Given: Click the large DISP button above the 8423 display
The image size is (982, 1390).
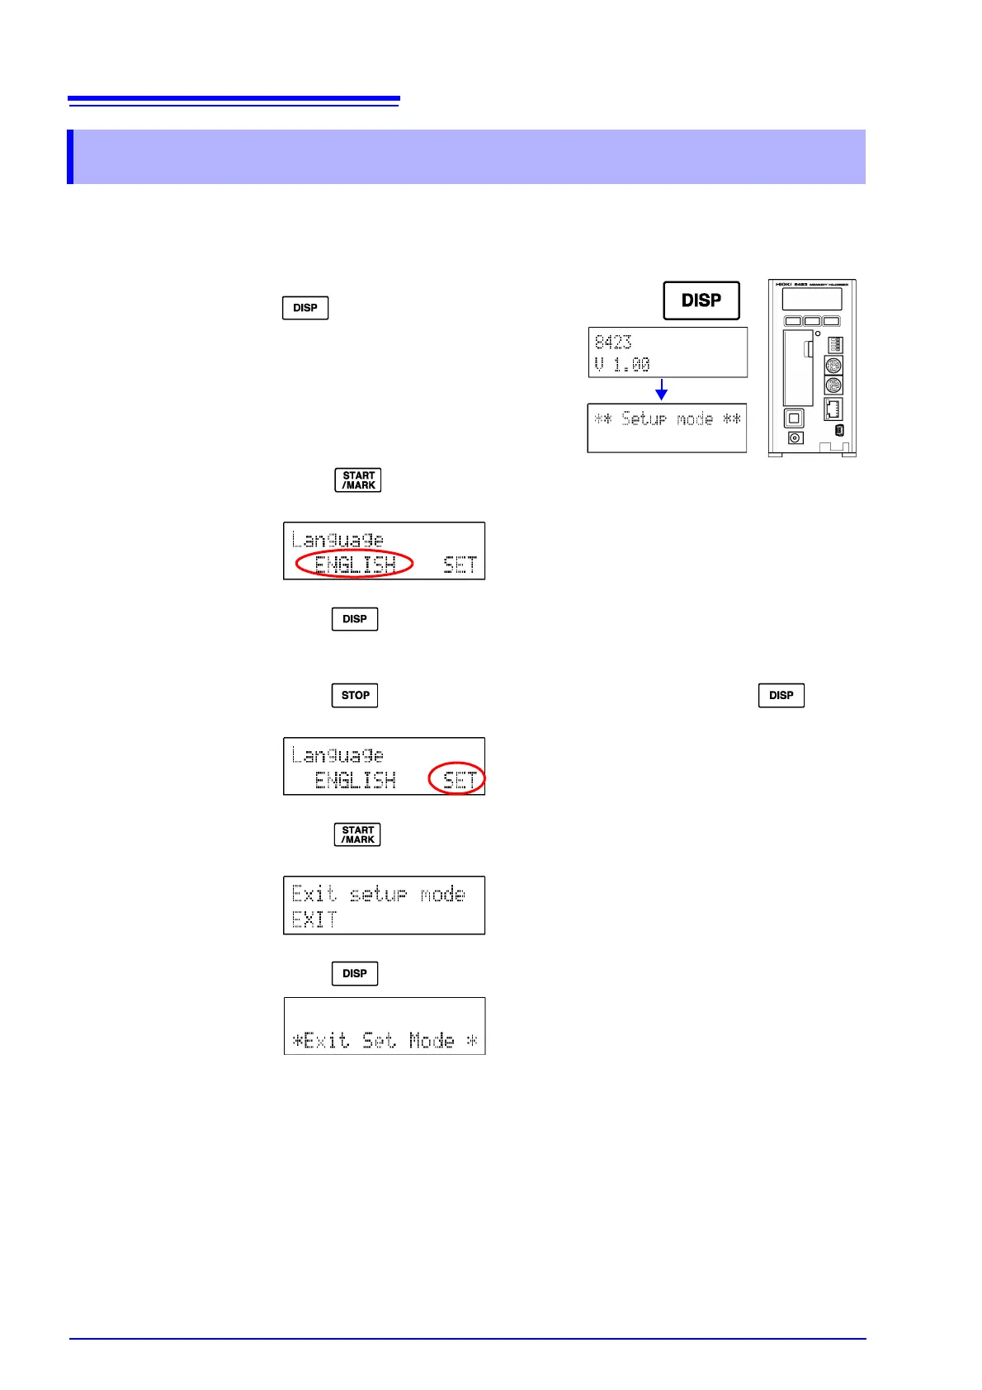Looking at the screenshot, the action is (701, 300).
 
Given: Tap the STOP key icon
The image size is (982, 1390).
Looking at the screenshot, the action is (355, 695).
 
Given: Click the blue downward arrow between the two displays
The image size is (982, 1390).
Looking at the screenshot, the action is (661, 390).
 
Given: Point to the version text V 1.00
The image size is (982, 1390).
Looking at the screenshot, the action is (622, 364).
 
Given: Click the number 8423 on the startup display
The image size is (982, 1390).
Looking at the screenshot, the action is (613, 342).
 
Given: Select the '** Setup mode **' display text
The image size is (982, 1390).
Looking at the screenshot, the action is (668, 419).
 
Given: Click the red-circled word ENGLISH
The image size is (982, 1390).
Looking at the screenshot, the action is (355, 564).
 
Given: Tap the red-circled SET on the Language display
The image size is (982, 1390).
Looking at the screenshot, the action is (459, 779).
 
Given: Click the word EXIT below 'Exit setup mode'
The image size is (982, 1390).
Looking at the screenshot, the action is (314, 920).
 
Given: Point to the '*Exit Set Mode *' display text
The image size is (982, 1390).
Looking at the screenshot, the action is (385, 1040).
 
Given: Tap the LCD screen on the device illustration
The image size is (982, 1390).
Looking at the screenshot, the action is (812, 299).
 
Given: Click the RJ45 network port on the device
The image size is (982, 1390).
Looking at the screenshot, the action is (833, 409).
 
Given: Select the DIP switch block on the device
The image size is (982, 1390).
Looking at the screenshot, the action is (835, 343).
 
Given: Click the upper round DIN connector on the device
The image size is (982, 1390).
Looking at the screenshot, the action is (833, 366).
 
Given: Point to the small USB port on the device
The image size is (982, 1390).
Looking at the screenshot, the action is (839, 431).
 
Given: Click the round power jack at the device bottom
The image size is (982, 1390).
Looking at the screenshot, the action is (795, 438).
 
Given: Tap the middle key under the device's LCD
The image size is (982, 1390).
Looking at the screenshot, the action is (812, 321).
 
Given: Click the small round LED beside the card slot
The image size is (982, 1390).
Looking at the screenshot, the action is (818, 334).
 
